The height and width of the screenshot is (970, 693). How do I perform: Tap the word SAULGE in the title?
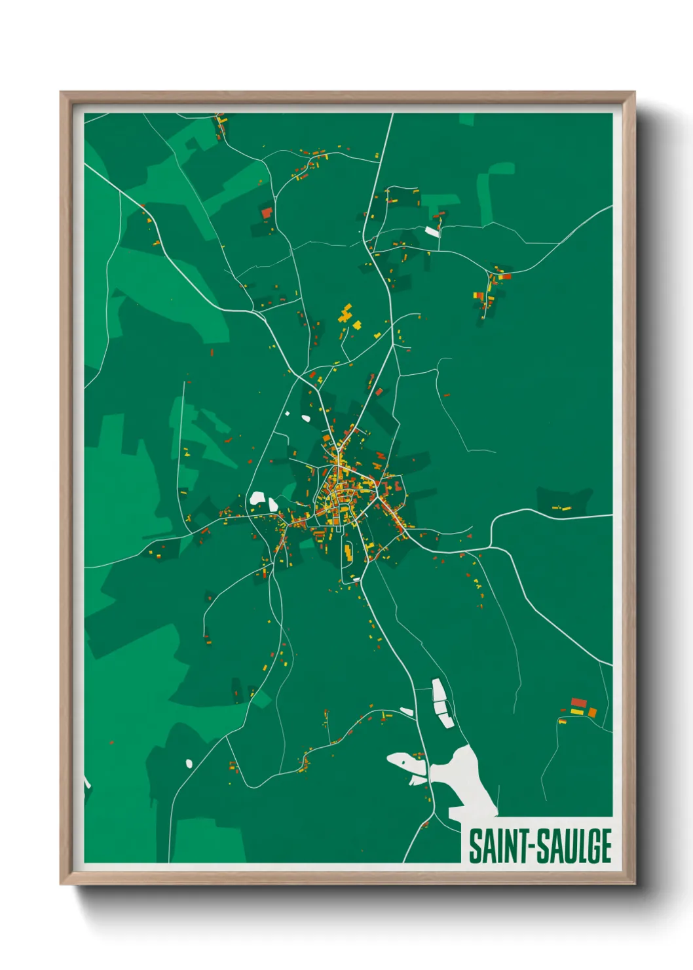575,846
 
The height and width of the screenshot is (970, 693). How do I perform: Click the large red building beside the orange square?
578,703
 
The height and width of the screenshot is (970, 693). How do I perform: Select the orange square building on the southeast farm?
592,712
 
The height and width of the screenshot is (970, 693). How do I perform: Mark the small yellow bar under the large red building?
577,711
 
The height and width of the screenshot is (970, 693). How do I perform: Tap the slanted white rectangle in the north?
432,231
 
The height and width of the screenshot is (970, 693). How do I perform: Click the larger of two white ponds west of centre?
256,497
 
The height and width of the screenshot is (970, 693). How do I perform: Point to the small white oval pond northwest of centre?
305,417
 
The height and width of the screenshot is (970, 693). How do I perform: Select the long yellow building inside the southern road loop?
348,553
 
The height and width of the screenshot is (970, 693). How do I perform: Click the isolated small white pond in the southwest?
189,763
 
